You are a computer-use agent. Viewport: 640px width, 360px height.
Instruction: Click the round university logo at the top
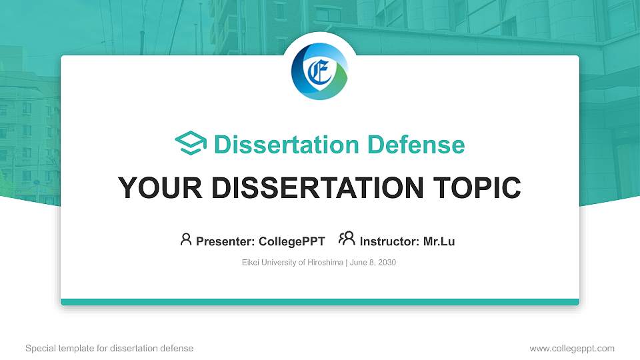(x=319, y=71)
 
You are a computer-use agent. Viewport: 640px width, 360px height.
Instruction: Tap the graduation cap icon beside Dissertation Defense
(x=191, y=143)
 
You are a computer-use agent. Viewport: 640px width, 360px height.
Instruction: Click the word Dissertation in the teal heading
(x=286, y=145)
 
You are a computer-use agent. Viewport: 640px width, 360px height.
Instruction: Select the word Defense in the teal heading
(x=416, y=145)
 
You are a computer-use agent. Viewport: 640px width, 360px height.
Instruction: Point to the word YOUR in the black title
(x=160, y=188)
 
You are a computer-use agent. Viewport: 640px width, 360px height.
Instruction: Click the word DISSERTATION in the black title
(x=317, y=188)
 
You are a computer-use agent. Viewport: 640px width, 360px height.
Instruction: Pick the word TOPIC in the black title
(x=477, y=188)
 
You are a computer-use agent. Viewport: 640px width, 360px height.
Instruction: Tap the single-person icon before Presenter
(x=186, y=239)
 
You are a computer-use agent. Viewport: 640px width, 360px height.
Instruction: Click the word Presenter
(x=225, y=241)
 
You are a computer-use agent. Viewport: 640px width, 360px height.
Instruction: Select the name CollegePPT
(x=292, y=241)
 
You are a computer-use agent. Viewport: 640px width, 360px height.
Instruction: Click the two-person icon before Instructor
(x=347, y=239)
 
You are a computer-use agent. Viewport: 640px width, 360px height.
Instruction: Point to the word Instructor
(x=389, y=241)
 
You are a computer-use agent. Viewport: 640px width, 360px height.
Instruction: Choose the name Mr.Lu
(x=439, y=241)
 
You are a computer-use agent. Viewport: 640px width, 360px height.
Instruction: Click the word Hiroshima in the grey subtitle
(x=325, y=263)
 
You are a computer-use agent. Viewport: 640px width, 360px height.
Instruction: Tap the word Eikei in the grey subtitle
(x=250, y=263)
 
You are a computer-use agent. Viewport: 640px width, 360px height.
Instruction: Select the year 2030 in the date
(x=387, y=263)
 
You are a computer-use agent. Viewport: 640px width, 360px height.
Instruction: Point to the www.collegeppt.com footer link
(x=572, y=349)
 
